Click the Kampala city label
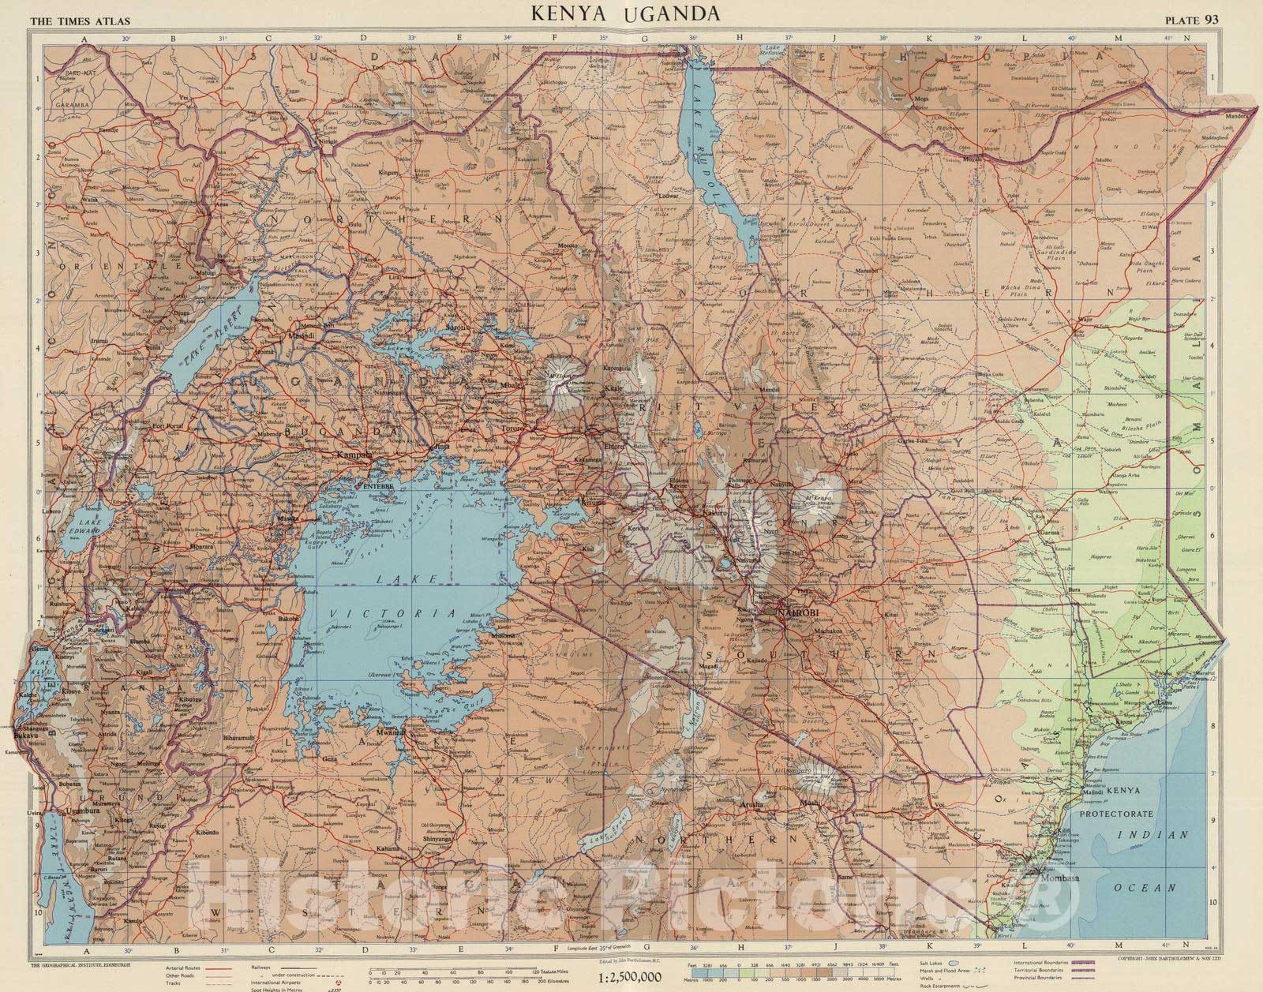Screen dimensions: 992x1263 354,455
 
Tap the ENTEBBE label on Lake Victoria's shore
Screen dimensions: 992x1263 377,487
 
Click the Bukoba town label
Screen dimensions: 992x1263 287,619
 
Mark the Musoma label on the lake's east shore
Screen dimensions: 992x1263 502,635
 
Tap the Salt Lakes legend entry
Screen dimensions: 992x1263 934,963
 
